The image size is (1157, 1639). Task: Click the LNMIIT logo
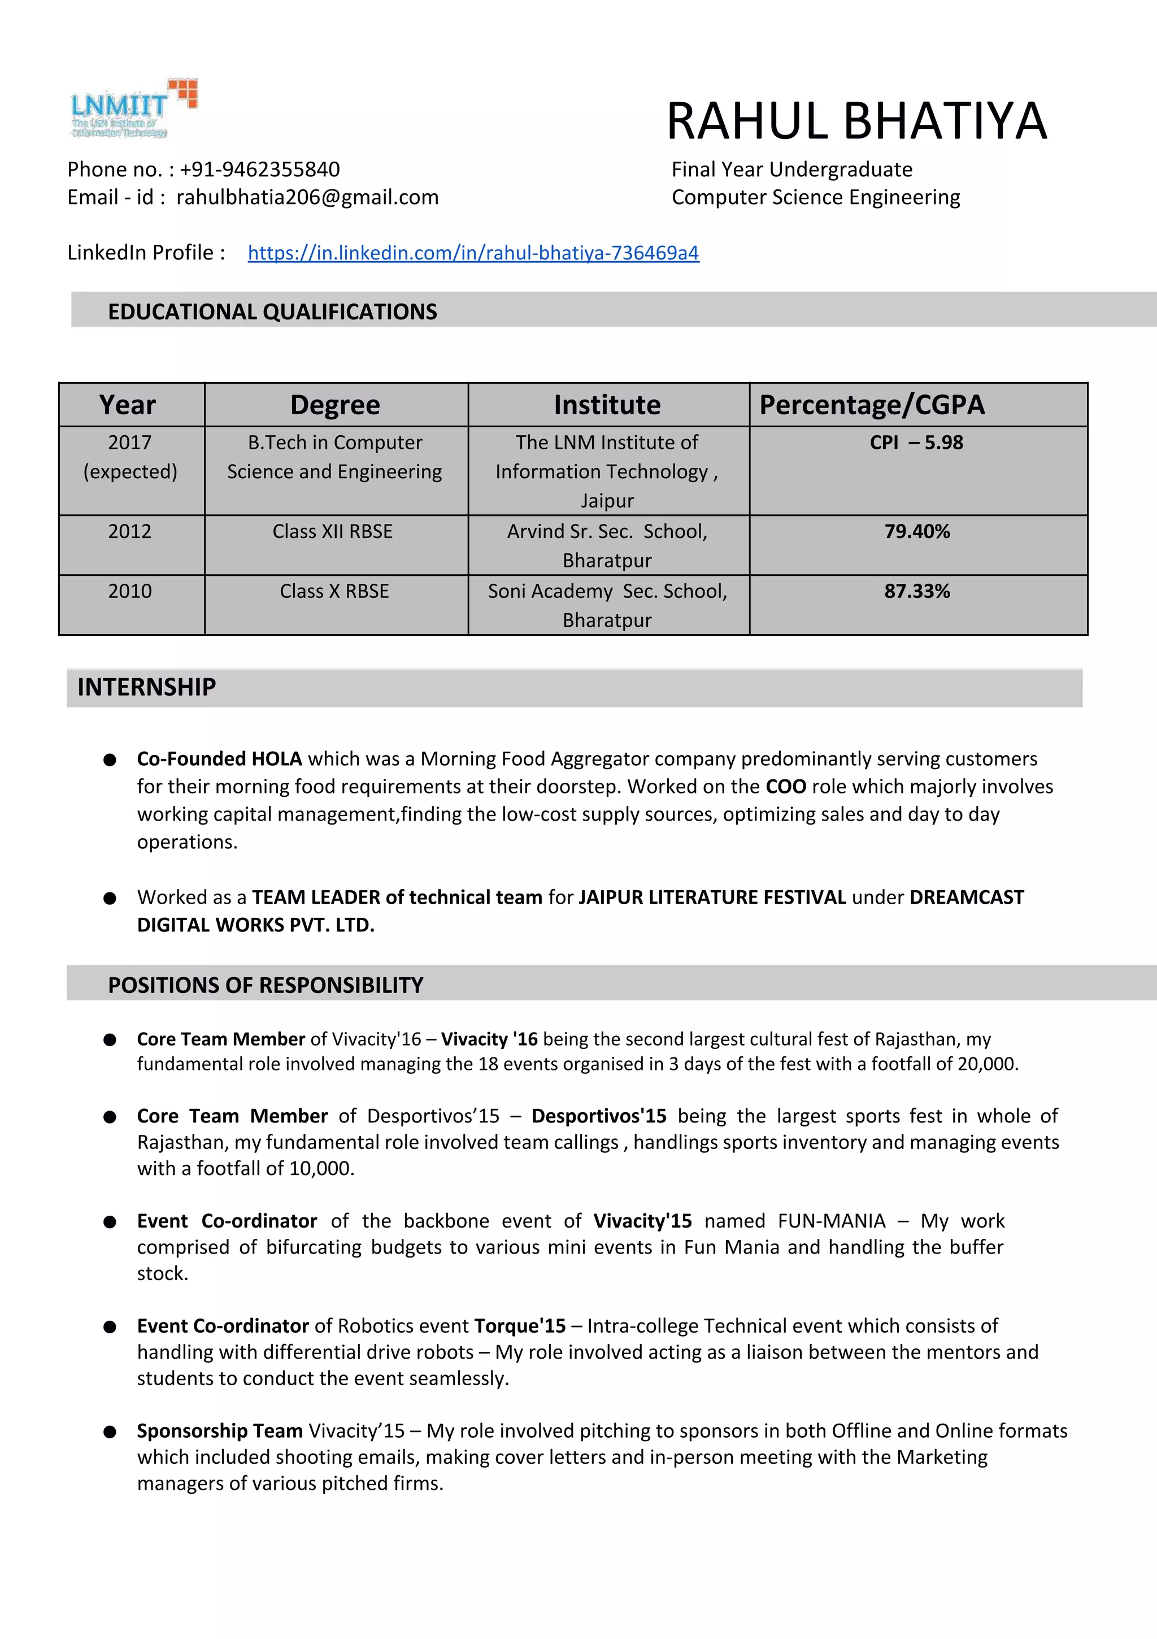click(133, 109)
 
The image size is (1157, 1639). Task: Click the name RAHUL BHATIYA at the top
click(856, 122)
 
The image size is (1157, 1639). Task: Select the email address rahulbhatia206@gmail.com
click(308, 197)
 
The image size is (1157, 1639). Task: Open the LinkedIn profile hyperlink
click(473, 253)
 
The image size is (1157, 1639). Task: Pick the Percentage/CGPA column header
click(872, 405)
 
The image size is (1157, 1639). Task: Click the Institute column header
click(607, 405)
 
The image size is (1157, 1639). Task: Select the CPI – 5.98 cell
click(916, 443)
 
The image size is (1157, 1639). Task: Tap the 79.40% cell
click(917, 531)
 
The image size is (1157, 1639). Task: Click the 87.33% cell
click(917, 591)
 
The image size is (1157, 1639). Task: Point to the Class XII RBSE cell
click(333, 531)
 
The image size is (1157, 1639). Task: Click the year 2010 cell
click(130, 591)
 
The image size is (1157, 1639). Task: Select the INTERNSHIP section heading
click(146, 687)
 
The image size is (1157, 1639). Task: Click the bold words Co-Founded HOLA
click(219, 759)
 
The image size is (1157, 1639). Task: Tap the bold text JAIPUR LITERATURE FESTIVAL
click(712, 897)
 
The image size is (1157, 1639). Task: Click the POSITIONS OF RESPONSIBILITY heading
click(266, 985)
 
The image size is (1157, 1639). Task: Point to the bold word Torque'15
click(520, 1326)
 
